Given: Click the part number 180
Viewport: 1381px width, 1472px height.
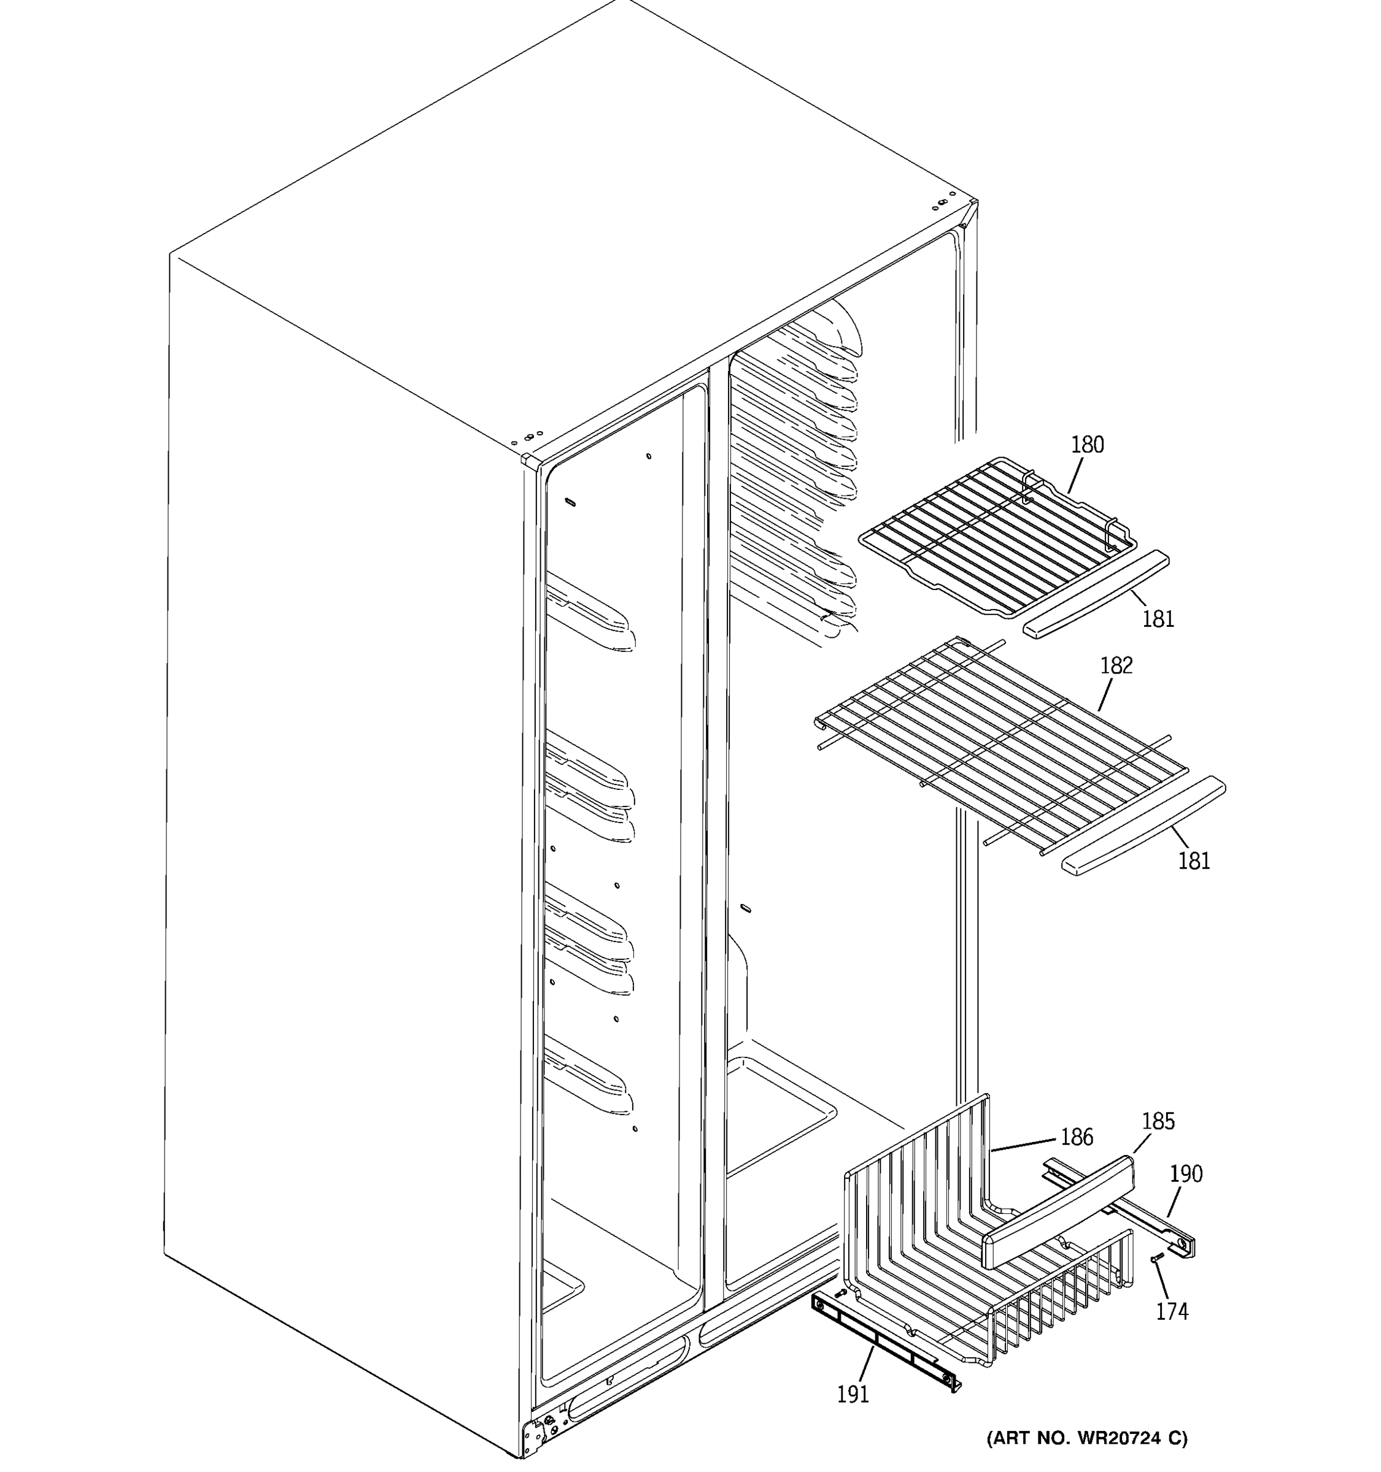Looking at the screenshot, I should pyautogui.click(x=1087, y=445).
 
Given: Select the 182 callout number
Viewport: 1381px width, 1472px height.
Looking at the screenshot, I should pyautogui.click(x=1116, y=665).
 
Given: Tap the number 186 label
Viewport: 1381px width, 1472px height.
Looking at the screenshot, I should pyautogui.click(x=1077, y=1137).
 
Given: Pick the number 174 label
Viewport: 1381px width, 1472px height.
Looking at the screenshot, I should pyautogui.click(x=1172, y=1311).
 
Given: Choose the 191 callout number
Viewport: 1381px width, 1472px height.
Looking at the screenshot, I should pyautogui.click(x=853, y=1394).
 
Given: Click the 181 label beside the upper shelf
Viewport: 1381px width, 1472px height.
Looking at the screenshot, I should pyautogui.click(x=1158, y=619).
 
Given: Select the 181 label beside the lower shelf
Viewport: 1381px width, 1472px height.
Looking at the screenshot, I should pyautogui.click(x=1194, y=861).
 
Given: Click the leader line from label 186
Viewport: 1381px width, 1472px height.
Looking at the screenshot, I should pyautogui.click(x=1023, y=1144).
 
